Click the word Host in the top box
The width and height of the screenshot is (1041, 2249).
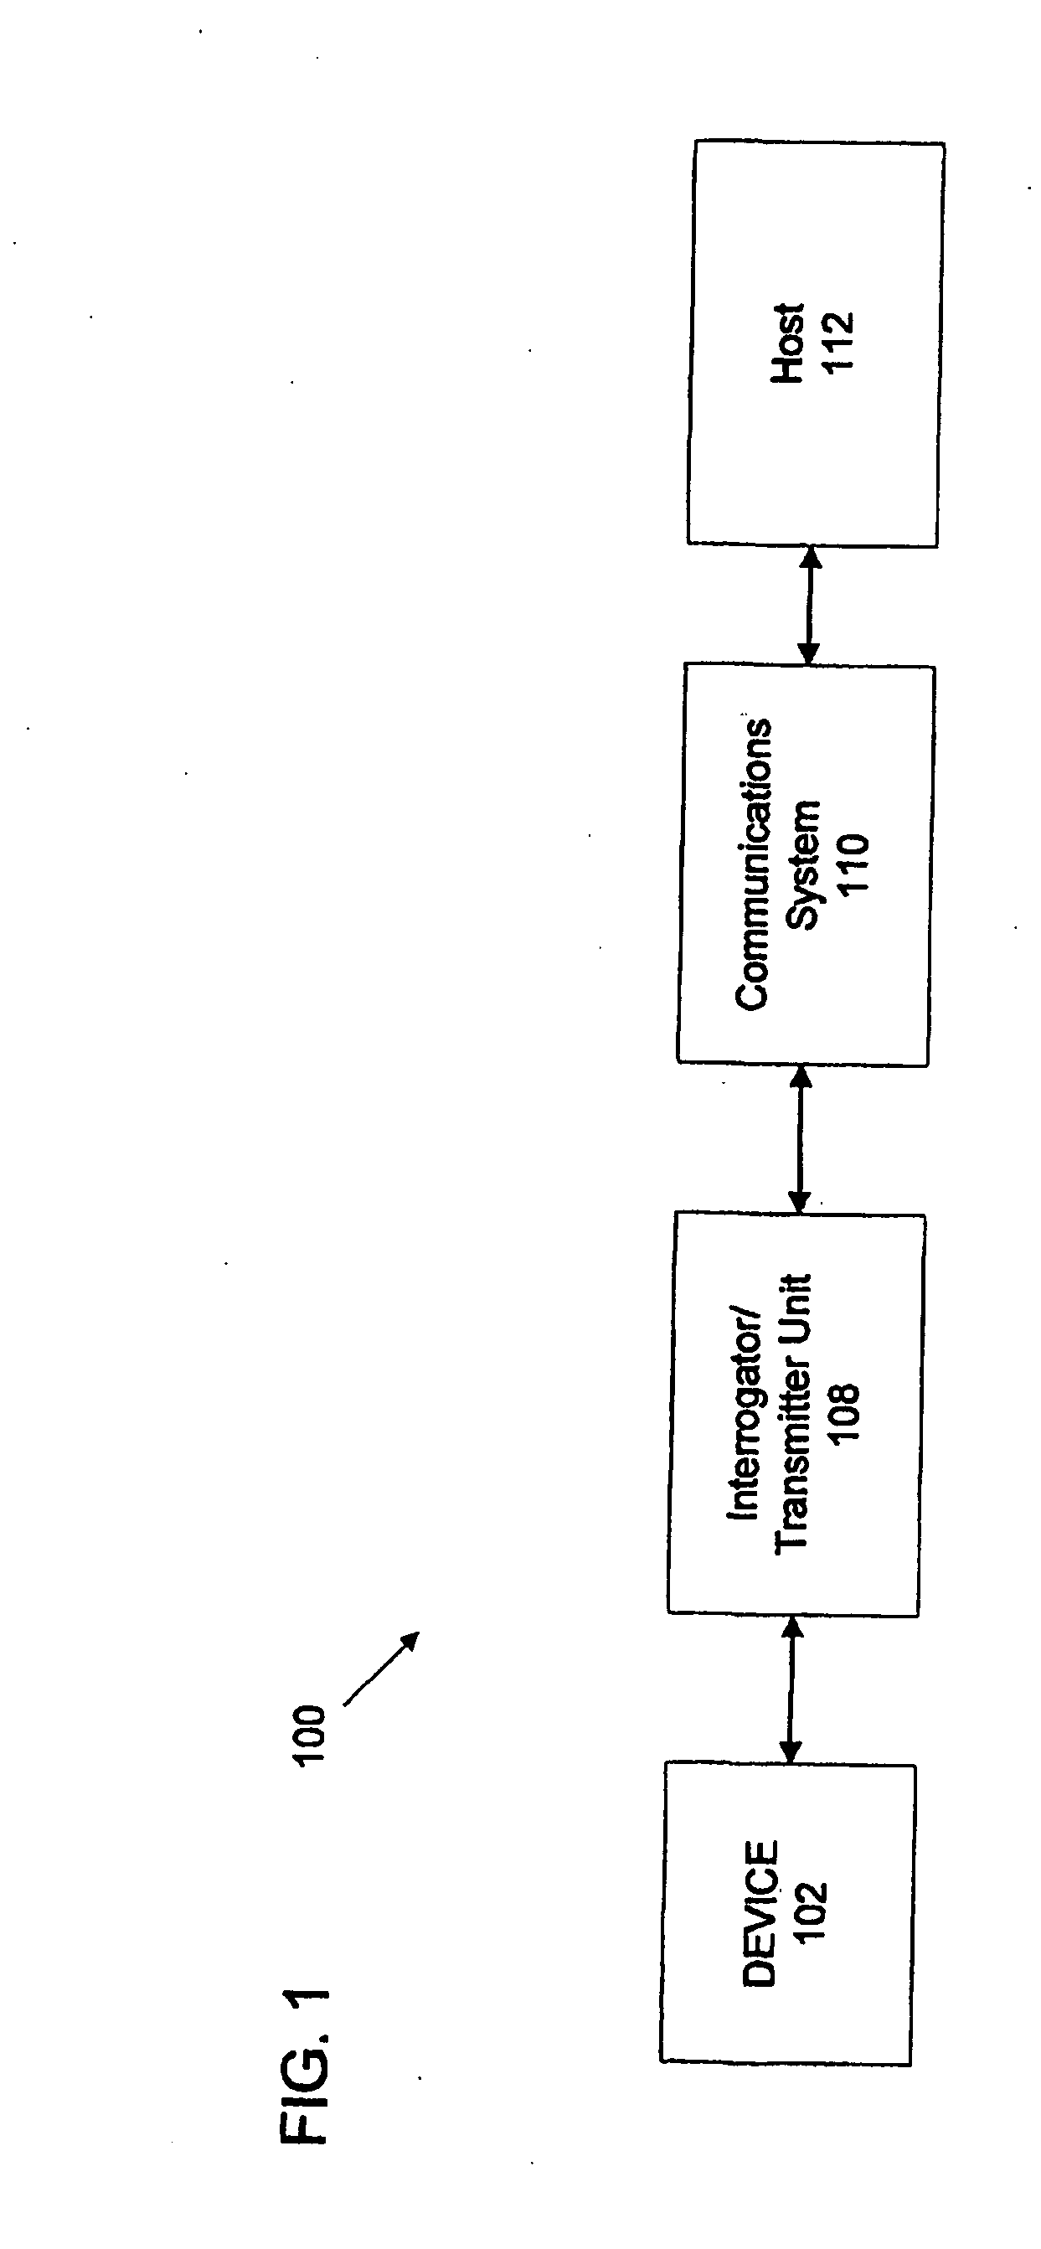[788, 343]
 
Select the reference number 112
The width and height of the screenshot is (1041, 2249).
[837, 343]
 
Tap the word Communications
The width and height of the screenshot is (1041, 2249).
[753, 864]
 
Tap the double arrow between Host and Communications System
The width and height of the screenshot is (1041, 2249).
[811, 606]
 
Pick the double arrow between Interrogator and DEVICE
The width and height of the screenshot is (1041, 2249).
[791, 1689]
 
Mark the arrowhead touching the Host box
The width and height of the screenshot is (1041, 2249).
[812, 559]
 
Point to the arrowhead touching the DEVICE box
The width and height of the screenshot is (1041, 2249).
[791, 1751]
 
